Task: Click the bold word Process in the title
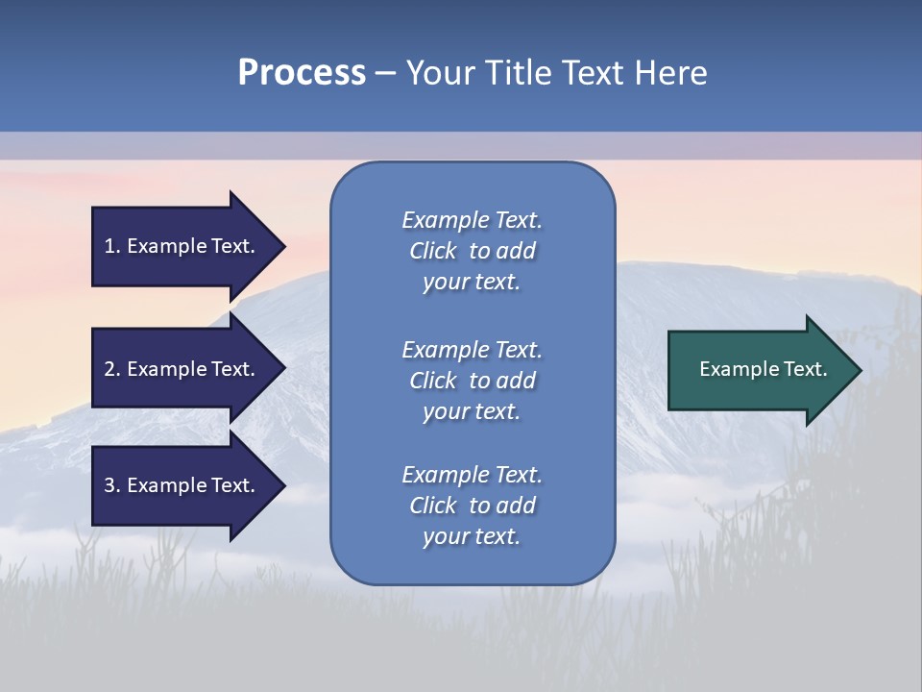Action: coord(302,73)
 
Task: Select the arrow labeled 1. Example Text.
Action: coord(182,246)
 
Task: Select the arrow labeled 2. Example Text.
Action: coord(182,369)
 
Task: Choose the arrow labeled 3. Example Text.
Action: coord(182,485)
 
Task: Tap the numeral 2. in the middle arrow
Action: coord(112,369)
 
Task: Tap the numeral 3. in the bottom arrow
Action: coord(112,485)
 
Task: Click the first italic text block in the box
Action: coord(472,251)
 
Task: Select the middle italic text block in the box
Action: coord(472,381)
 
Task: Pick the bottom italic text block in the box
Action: coord(472,506)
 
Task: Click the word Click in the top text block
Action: coord(433,251)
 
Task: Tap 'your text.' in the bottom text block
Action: coord(472,536)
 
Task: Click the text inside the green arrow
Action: coord(763,369)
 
